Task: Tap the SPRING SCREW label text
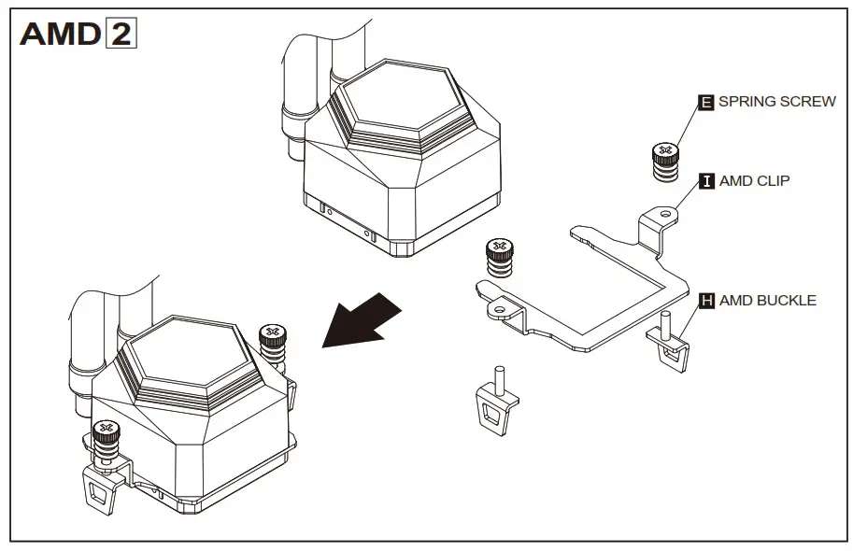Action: (x=776, y=101)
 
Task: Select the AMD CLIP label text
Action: (x=754, y=180)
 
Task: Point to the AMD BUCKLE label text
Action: (x=767, y=301)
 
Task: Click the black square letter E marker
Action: (x=706, y=102)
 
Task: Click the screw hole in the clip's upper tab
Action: (x=664, y=213)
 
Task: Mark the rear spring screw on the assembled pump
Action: (x=272, y=342)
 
